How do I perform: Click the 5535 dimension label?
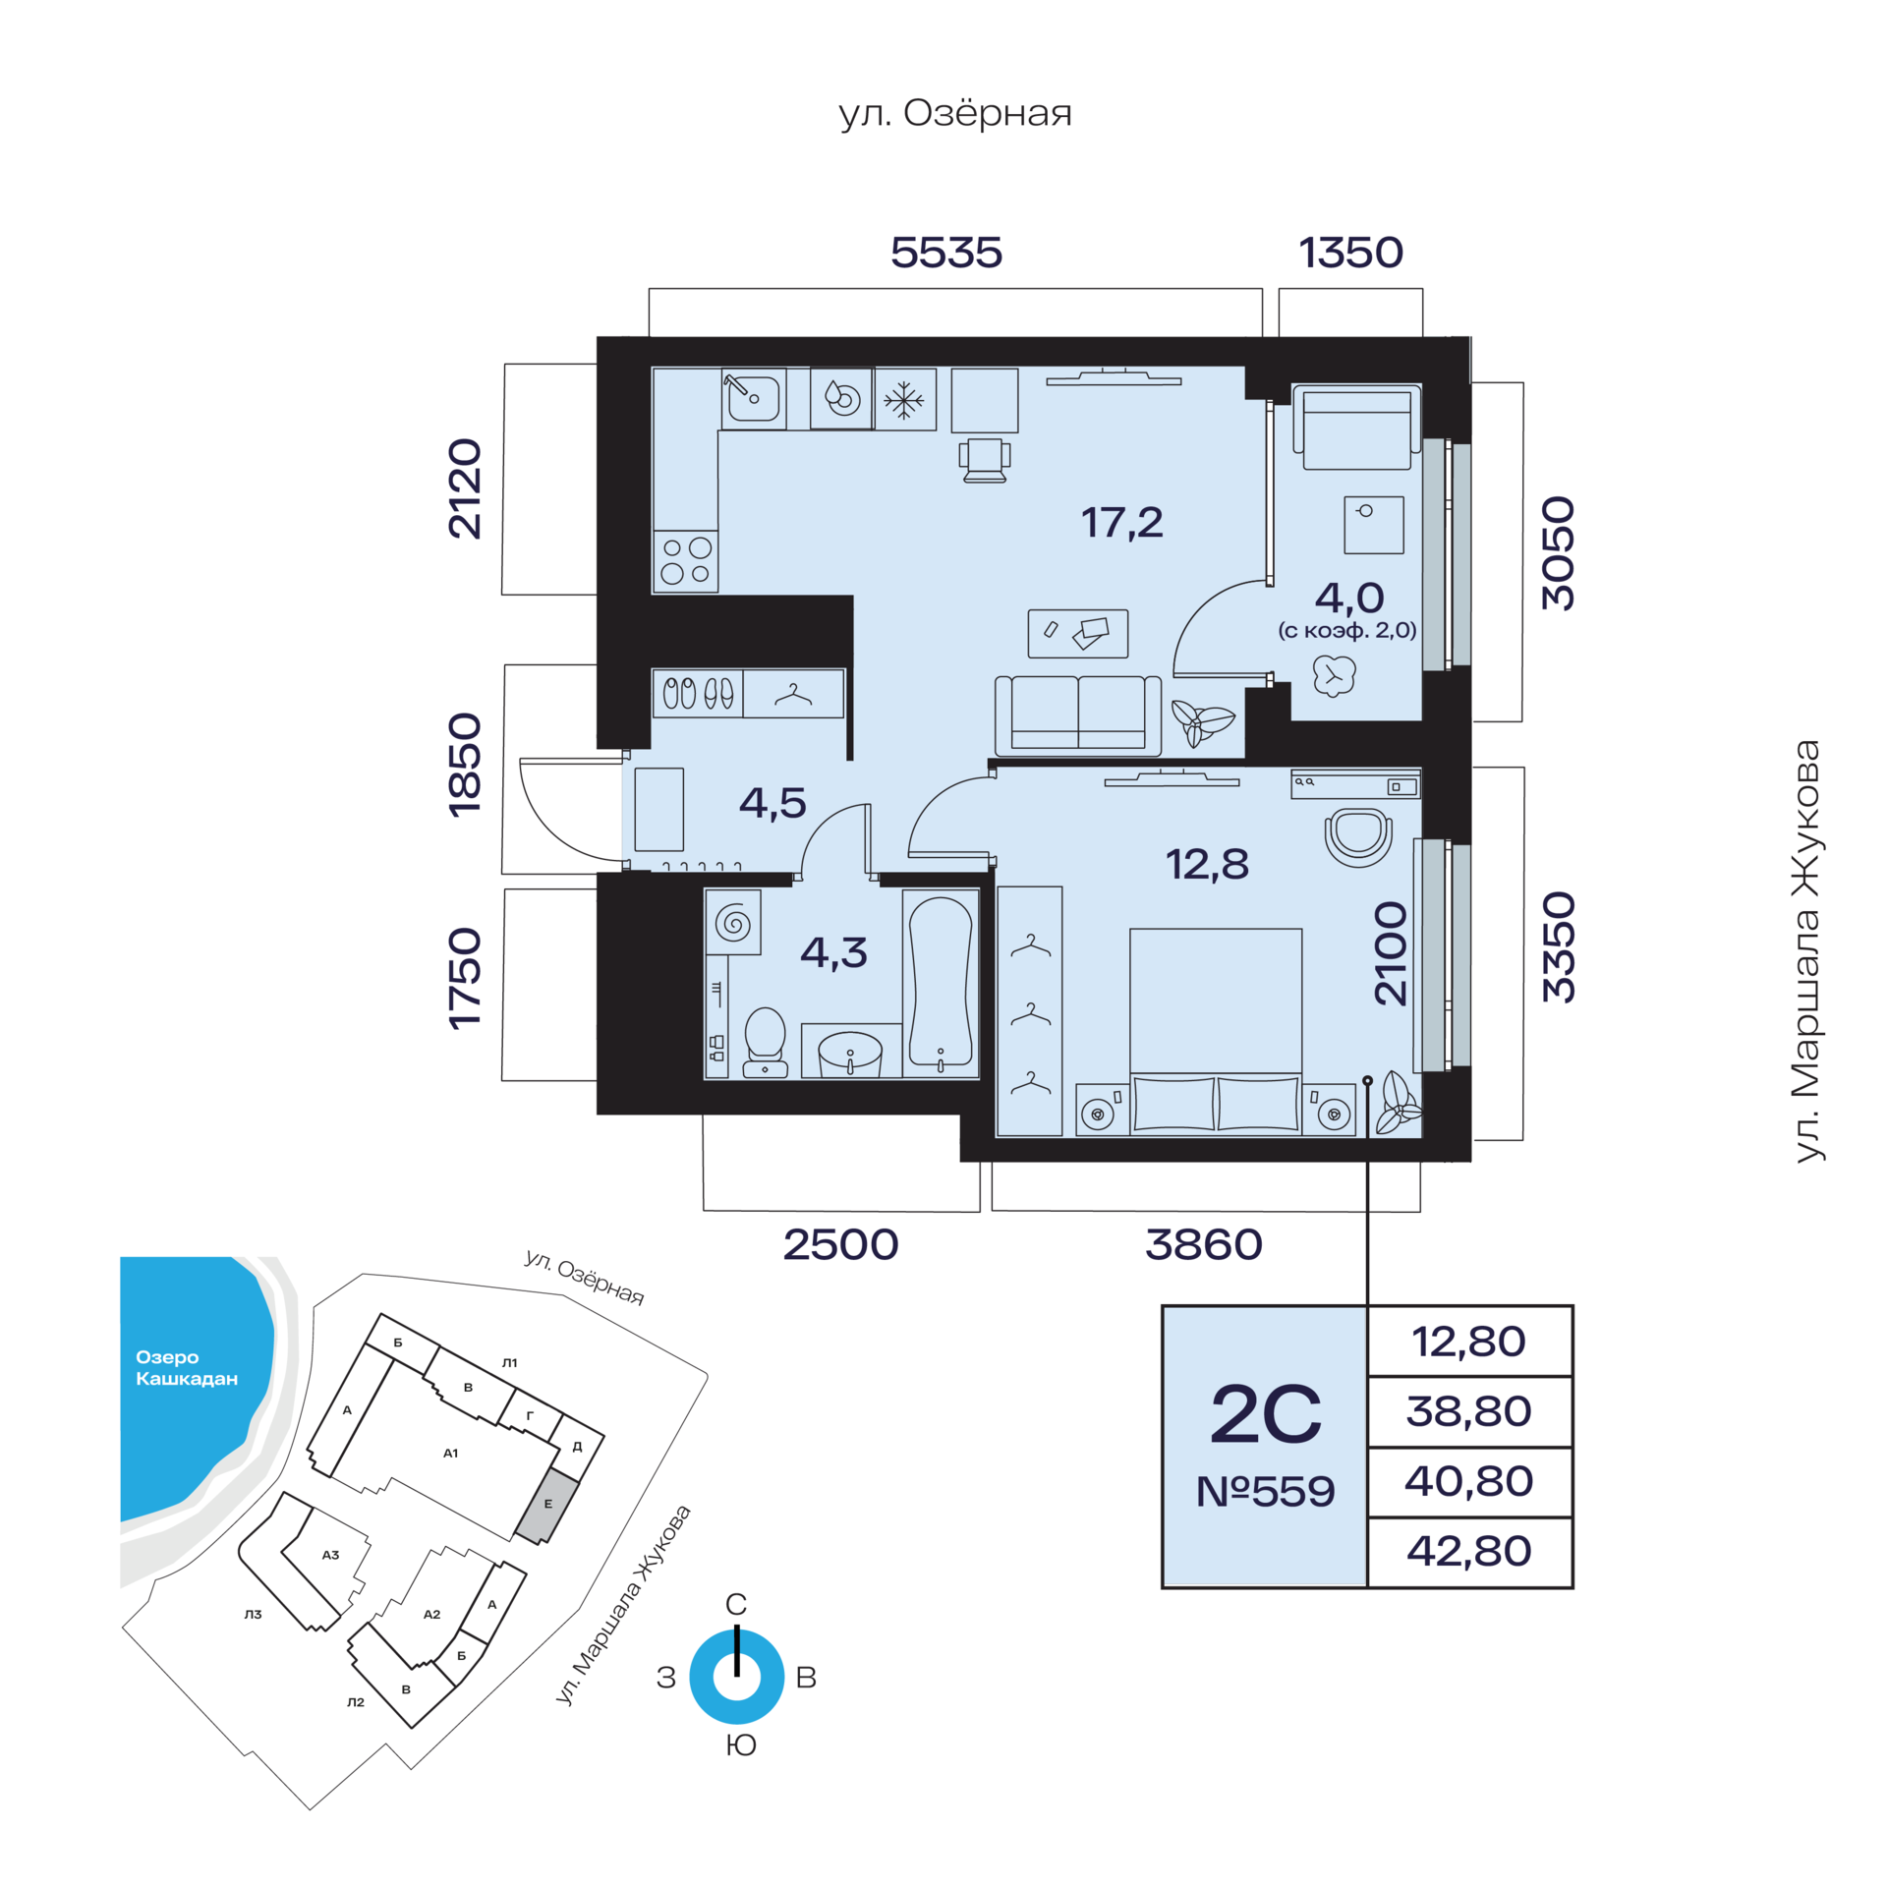point(946,253)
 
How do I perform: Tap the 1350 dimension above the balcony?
point(1351,253)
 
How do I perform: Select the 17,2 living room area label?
point(1121,523)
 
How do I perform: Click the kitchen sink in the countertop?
point(753,398)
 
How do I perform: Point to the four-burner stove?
point(686,561)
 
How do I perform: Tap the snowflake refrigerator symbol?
point(904,399)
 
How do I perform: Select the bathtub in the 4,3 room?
point(941,983)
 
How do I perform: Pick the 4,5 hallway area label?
point(772,803)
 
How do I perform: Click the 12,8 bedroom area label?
point(1207,865)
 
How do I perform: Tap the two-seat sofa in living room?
point(1078,715)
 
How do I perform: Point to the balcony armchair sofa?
point(1356,427)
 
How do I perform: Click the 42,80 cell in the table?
point(1469,1551)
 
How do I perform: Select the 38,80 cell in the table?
point(1469,1411)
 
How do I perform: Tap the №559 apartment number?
point(1265,1492)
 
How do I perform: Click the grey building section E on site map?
point(548,1505)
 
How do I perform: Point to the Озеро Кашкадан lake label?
point(187,1367)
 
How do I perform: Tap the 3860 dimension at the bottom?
point(1204,1245)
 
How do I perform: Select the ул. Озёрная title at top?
point(955,113)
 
